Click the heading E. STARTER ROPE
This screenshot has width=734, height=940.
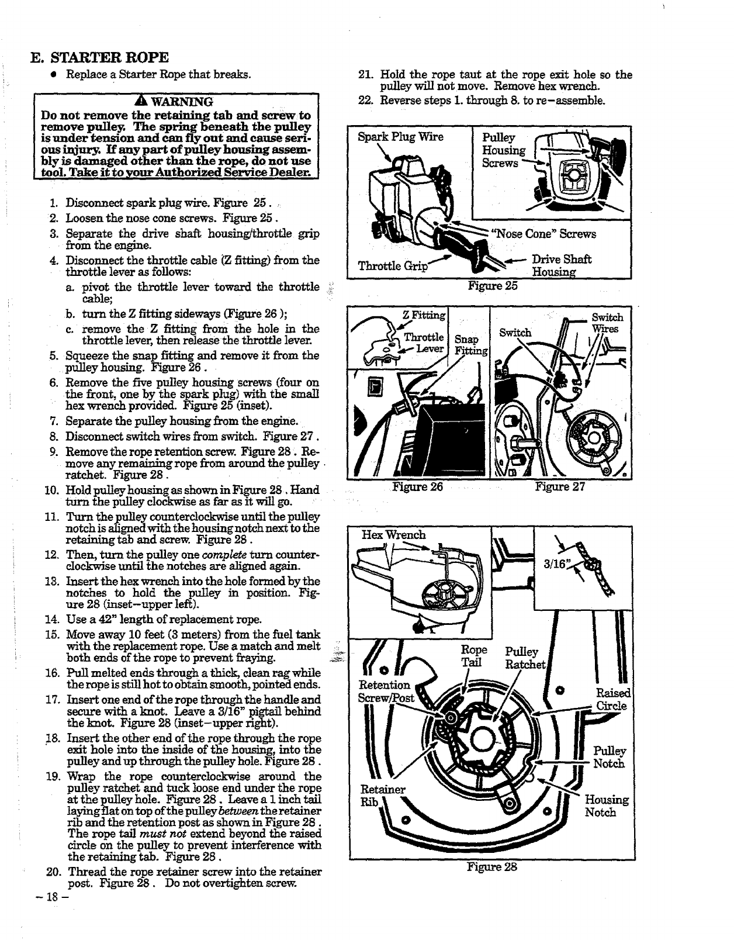coord(100,57)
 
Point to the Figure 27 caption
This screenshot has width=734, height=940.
coord(560,486)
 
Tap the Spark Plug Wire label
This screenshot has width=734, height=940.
coord(400,137)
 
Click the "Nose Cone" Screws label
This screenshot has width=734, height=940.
coord(545,234)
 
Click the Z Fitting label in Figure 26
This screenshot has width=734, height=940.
coord(424,316)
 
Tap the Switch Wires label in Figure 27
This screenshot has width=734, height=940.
coord(607,323)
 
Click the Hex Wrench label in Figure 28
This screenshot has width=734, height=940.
coord(394,535)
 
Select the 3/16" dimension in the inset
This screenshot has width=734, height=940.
coord(555,565)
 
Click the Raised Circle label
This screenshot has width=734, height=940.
coord(611,699)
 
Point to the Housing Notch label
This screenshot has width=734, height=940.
coord(607,806)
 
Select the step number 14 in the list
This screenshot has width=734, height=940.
coord(51,620)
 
